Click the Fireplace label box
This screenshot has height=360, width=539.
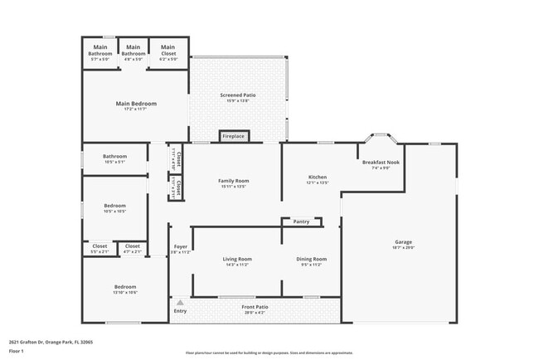click(x=233, y=136)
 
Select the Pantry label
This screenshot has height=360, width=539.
click(x=301, y=221)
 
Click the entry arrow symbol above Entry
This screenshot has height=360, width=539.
click(x=180, y=303)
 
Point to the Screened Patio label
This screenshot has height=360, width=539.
click(x=237, y=97)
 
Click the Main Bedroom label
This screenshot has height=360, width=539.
click(x=136, y=105)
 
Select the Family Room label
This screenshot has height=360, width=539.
click(x=234, y=182)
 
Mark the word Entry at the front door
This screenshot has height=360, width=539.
click(x=180, y=311)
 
